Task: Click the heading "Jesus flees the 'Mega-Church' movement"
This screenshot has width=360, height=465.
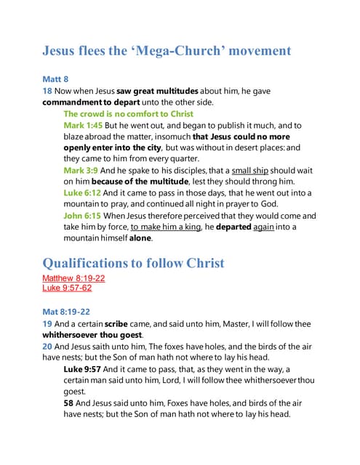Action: tap(167, 51)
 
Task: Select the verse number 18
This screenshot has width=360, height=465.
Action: tap(47, 92)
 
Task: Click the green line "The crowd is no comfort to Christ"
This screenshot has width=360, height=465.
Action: tap(128, 114)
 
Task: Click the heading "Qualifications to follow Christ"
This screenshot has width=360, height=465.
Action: tap(144, 263)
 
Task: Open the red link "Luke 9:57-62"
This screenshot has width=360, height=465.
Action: tap(67, 288)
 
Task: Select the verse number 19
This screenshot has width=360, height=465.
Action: tap(47, 323)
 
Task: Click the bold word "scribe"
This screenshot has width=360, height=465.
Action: tap(116, 323)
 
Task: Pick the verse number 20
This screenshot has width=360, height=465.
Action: tap(47, 347)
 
